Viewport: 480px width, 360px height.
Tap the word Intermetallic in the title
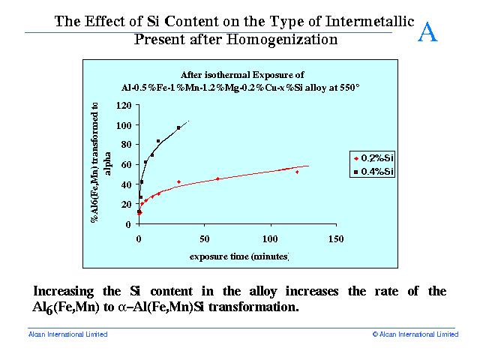(370, 22)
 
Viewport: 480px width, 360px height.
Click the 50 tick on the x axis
(205, 238)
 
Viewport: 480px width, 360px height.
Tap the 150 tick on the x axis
(336, 238)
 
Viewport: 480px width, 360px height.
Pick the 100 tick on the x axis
(271, 238)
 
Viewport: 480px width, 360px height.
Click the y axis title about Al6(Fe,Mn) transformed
(100, 162)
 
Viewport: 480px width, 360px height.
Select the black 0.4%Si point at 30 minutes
(178, 128)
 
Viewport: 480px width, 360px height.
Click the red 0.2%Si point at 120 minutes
(297, 172)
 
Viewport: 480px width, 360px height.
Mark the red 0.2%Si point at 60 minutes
(217, 178)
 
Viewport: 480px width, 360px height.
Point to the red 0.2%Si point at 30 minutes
(178, 181)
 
